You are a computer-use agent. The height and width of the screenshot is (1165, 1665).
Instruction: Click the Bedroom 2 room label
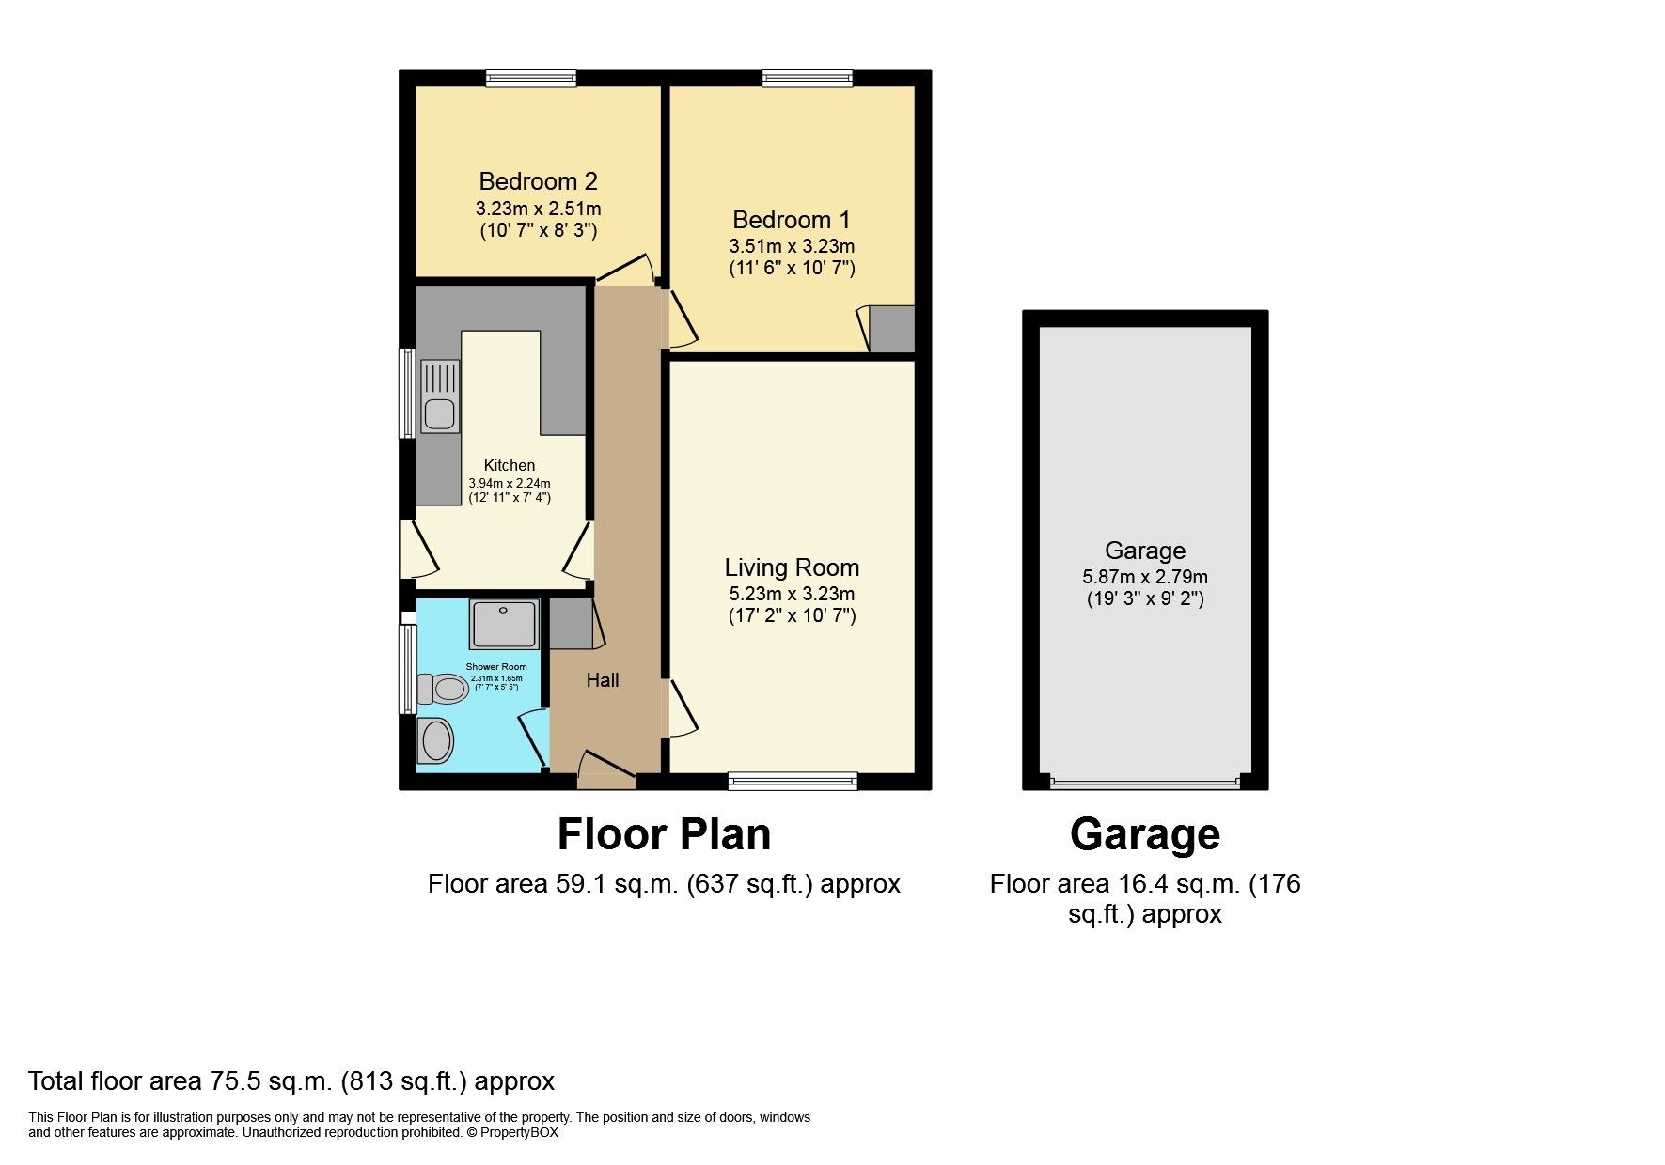538,181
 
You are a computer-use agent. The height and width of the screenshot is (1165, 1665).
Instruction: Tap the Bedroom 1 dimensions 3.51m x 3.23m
792,246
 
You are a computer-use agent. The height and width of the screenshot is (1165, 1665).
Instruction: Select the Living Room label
792,567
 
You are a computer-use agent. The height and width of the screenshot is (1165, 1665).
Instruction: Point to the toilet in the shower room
443,690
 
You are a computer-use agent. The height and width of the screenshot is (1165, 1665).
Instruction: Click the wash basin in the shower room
436,741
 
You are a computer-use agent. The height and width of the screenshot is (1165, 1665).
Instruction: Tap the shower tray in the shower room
506,624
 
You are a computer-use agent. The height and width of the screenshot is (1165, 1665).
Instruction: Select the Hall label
603,680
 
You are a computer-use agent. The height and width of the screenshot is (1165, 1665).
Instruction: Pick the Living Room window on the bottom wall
793,780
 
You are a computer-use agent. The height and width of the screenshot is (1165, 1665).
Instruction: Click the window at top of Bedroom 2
531,78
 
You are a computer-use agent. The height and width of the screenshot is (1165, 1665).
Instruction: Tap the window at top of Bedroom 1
807,78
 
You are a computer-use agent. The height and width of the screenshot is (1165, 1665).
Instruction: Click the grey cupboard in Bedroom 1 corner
891,329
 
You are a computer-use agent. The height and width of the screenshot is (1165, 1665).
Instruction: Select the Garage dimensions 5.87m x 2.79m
1144,577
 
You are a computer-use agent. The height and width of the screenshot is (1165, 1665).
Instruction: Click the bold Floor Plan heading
664,834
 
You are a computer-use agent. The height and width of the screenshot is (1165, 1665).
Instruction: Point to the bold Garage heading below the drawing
1144,834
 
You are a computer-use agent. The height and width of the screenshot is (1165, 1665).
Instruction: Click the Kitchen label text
510,465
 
